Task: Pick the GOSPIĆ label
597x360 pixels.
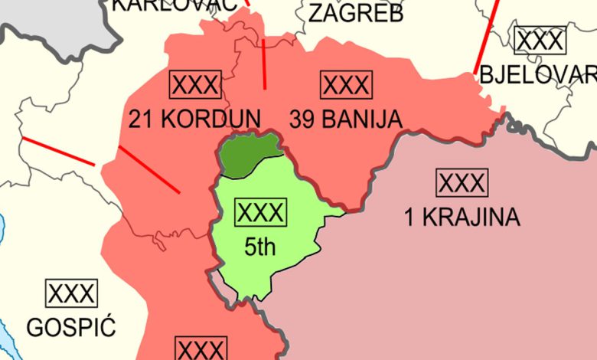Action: (71, 328)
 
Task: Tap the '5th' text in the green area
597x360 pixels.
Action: (259, 247)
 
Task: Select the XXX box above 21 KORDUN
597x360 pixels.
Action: (196, 84)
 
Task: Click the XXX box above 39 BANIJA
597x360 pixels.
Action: (346, 84)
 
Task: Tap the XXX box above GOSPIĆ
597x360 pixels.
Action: (72, 293)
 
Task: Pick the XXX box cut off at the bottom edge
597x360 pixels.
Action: (201, 349)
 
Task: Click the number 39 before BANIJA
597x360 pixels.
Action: (302, 119)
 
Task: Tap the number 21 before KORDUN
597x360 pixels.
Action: (142, 119)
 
